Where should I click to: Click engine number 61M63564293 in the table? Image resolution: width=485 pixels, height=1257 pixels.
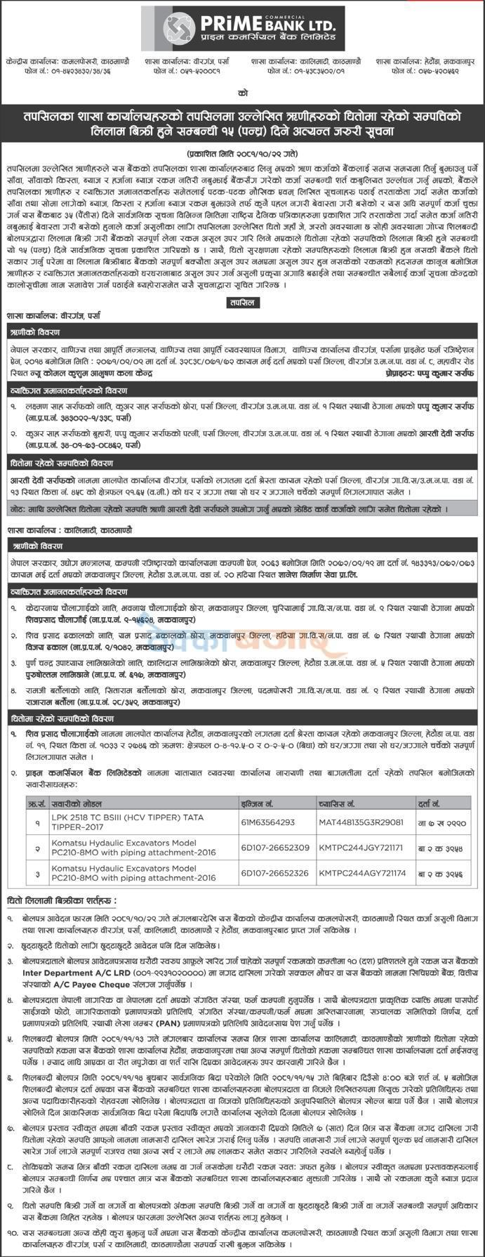(267, 822)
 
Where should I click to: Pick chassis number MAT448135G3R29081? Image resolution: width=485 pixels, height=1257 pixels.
(361, 822)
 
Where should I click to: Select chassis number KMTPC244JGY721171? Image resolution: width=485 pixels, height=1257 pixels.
(362, 848)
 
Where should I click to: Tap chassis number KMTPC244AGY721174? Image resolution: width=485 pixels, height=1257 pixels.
(362, 874)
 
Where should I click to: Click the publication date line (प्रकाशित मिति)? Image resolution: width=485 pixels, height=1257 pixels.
(242, 152)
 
